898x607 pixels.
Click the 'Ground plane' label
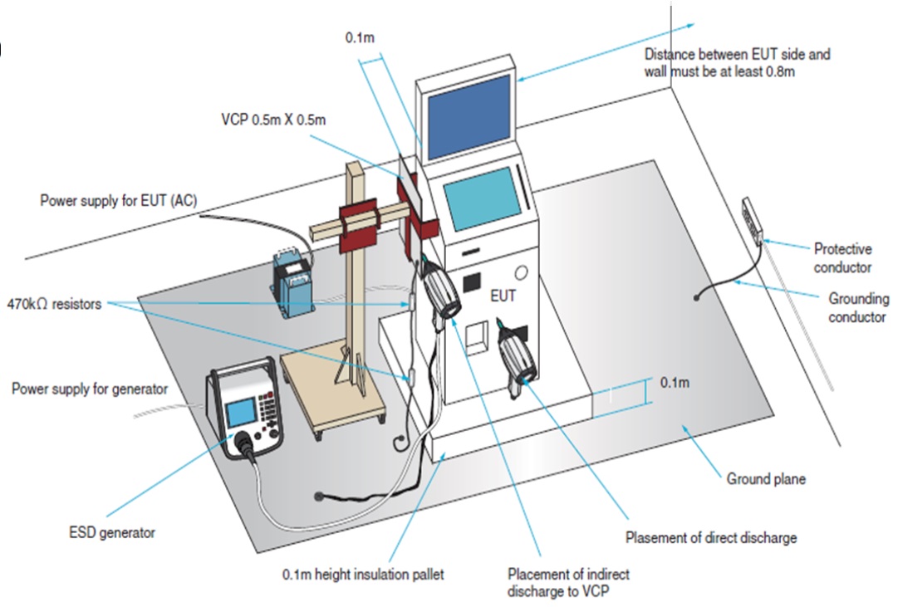[x=765, y=479]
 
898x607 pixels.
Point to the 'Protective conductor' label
[x=842, y=257]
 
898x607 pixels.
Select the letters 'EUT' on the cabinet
[x=503, y=295]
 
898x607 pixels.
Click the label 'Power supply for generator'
[x=90, y=389]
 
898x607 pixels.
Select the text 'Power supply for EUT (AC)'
[x=118, y=200]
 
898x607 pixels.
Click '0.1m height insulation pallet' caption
[x=361, y=574]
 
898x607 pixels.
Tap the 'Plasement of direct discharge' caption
[x=710, y=537]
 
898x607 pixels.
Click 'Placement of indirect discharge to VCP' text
[x=568, y=581]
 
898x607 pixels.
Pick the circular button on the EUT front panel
[x=522, y=272]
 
